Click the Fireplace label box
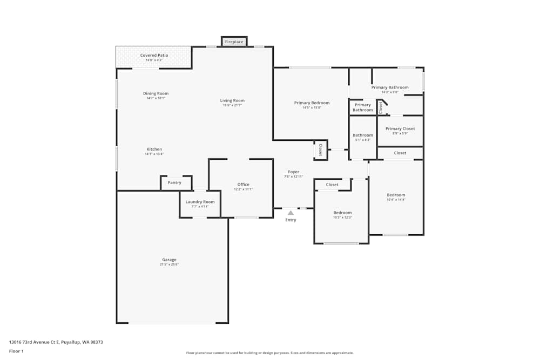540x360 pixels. coord(234,42)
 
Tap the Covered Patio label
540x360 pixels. coord(154,56)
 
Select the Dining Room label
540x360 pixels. coord(156,93)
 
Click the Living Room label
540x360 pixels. coord(232,100)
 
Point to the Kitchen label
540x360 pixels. coord(154,150)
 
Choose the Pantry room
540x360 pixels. coord(174,182)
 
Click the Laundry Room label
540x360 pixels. coord(200,202)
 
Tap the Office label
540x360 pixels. coord(243,185)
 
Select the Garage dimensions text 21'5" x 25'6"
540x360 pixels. coord(169,264)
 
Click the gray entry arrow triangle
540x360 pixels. coord(291,213)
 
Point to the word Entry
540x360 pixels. coord(291,220)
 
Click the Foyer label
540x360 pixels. coord(293,172)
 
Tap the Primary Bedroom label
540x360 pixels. coord(312,103)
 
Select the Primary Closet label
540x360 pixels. coord(400,128)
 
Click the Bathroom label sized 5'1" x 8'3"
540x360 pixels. coord(362,135)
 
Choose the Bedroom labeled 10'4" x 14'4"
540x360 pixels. coord(396,195)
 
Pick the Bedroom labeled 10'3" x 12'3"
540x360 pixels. coord(342,213)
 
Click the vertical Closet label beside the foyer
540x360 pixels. coord(320,150)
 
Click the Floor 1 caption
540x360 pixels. coord(16,351)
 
